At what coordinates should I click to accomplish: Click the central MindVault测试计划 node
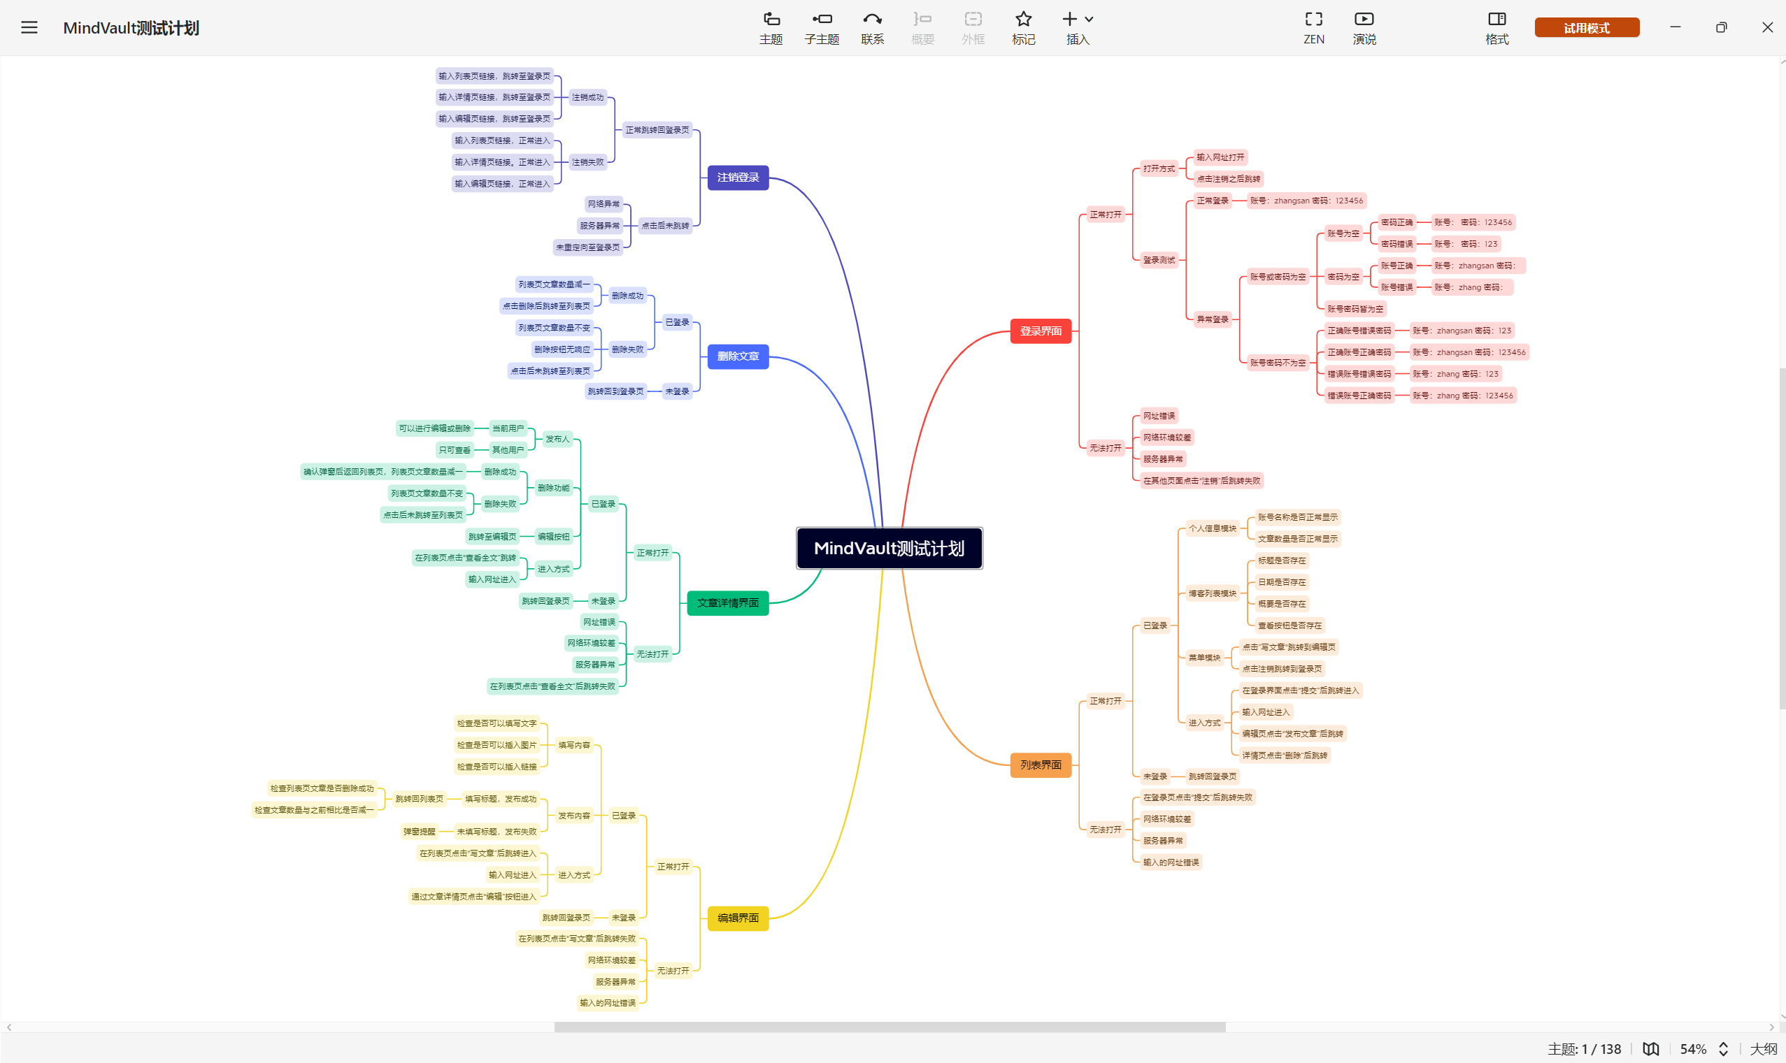tap(889, 548)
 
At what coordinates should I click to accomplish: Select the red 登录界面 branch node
tap(1040, 331)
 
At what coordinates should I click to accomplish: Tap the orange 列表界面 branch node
tap(1040, 765)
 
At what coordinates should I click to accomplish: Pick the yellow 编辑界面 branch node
tap(738, 918)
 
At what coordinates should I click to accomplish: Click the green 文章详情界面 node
tap(727, 603)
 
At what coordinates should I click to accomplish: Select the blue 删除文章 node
tap(738, 356)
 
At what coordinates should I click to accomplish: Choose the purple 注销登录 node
tap(738, 178)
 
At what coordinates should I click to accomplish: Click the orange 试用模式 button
tap(1586, 28)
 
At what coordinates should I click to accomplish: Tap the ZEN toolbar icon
tap(1313, 27)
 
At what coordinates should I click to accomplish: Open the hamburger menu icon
tap(29, 28)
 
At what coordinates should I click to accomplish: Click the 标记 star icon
tap(1023, 27)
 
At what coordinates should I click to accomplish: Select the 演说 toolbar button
tap(1364, 27)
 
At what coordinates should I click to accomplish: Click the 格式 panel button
tap(1496, 27)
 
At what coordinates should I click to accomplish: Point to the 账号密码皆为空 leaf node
tap(1355, 309)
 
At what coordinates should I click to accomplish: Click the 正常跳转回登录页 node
tap(657, 131)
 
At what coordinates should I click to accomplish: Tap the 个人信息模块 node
tap(1212, 528)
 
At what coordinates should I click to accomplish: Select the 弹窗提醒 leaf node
tap(419, 832)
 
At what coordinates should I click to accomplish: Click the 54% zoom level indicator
tap(1693, 1050)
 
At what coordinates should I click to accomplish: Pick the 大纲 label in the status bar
tap(1762, 1050)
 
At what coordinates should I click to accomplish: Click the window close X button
tap(1766, 28)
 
